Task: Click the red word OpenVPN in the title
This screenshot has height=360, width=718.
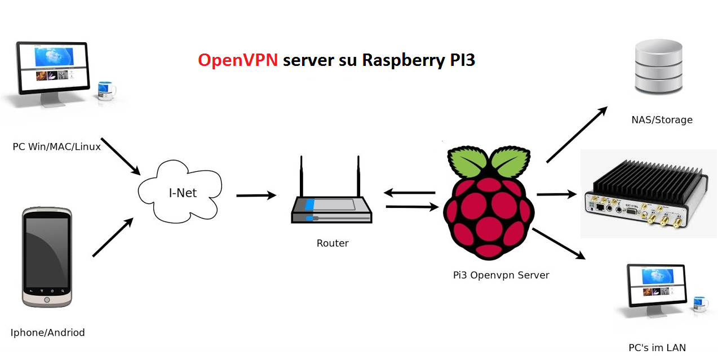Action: [x=238, y=60]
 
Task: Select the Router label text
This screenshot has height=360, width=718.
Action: [x=333, y=243]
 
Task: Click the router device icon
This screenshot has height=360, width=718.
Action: [x=331, y=197]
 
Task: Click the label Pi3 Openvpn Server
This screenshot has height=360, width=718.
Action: [x=501, y=275]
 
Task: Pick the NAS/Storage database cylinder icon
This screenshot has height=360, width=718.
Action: [x=658, y=67]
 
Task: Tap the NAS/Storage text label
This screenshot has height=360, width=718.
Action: [x=662, y=119]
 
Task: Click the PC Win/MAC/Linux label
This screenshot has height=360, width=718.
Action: [x=57, y=147]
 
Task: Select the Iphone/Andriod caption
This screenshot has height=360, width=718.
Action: [x=47, y=332]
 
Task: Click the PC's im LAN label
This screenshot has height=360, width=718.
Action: [x=657, y=348]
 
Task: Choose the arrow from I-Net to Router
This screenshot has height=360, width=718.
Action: [x=256, y=195]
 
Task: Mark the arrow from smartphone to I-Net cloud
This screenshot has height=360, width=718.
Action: [x=113, y=238]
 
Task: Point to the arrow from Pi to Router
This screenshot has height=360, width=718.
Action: [x=410, y=193]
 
